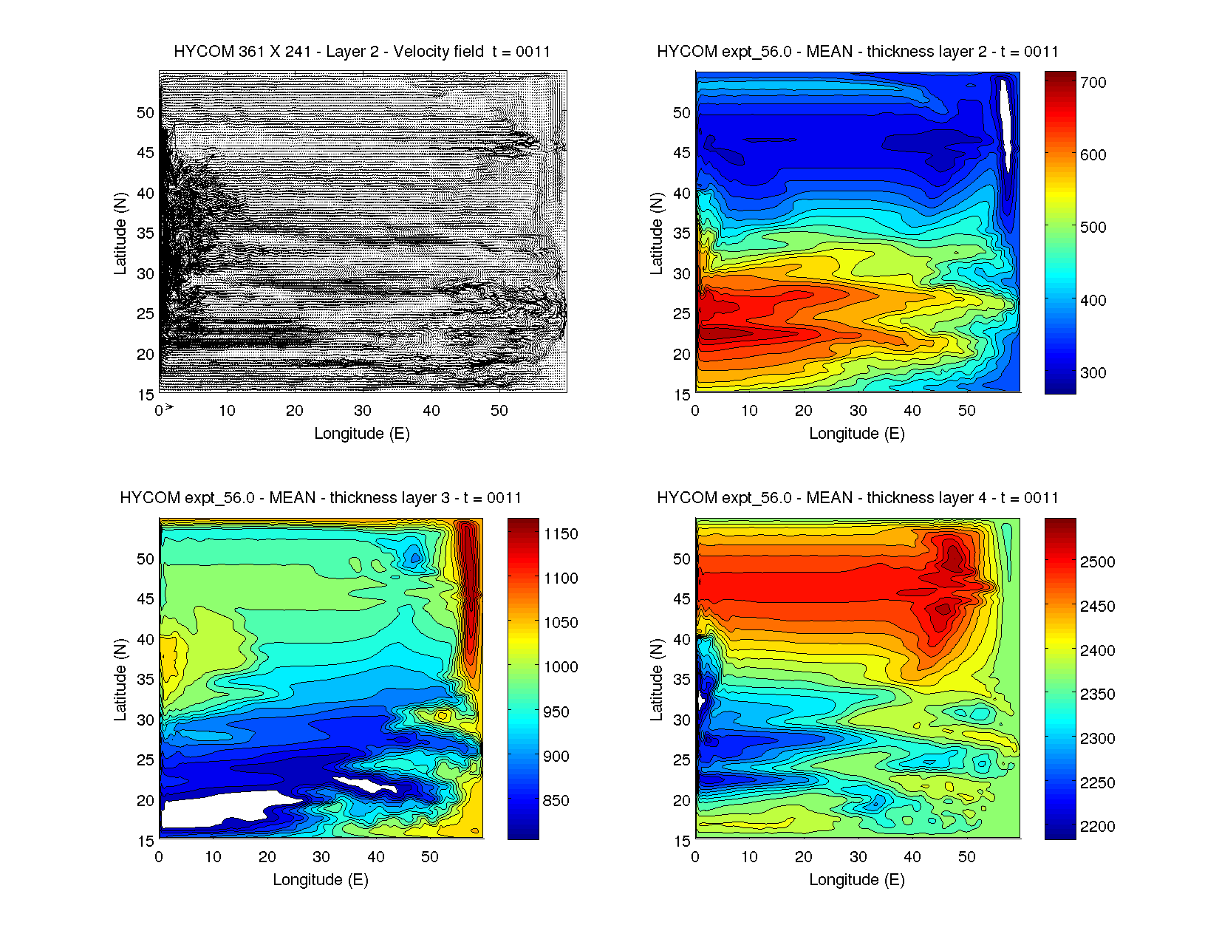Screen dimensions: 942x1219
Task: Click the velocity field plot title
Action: coord(362,52)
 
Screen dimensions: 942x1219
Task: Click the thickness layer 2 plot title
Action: coord(858,52)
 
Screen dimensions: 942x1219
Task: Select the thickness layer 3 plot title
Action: coord(321,498)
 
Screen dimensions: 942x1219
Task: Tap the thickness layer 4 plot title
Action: coord(858,498)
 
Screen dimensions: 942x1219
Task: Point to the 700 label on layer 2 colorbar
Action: coord(1093,83)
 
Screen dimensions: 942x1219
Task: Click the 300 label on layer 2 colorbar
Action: coord(1093,373)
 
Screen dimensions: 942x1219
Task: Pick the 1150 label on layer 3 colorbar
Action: coord(561,534)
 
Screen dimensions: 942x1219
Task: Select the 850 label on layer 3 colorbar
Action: coord(556,801)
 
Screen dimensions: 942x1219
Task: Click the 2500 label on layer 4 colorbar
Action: coord(1097,562)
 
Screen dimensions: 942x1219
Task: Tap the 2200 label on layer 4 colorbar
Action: coord(1097,827)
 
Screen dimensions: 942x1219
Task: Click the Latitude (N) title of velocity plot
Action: coord(120,233)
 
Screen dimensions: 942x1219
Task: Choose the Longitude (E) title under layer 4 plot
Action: coord(857,880)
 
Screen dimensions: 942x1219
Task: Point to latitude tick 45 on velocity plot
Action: coord(146,153)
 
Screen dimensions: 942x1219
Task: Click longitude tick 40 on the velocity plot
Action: coord(431,411)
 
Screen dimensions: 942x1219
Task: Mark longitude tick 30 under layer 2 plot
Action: coord(858,411)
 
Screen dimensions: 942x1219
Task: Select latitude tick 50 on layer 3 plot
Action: coord(146,559)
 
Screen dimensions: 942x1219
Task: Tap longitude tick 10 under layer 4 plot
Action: coord(749,857)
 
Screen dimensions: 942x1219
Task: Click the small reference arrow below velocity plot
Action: coord(169,406)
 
